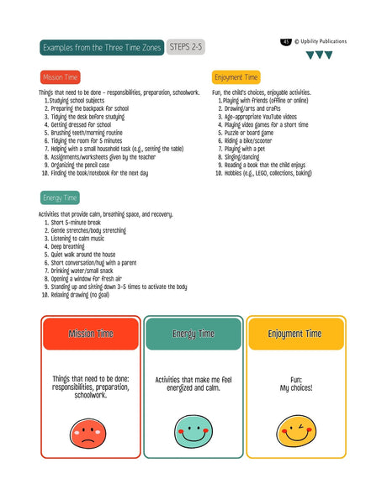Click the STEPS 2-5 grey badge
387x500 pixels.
[x=185, y=47]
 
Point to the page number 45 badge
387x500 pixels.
[x=287, y=41]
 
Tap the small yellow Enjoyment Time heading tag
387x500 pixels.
[x=236, y=77]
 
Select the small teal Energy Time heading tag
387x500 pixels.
[x=60, y=198]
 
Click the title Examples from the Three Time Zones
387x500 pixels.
[x=101, y=47]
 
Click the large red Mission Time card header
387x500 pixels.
[x=91, y=334]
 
